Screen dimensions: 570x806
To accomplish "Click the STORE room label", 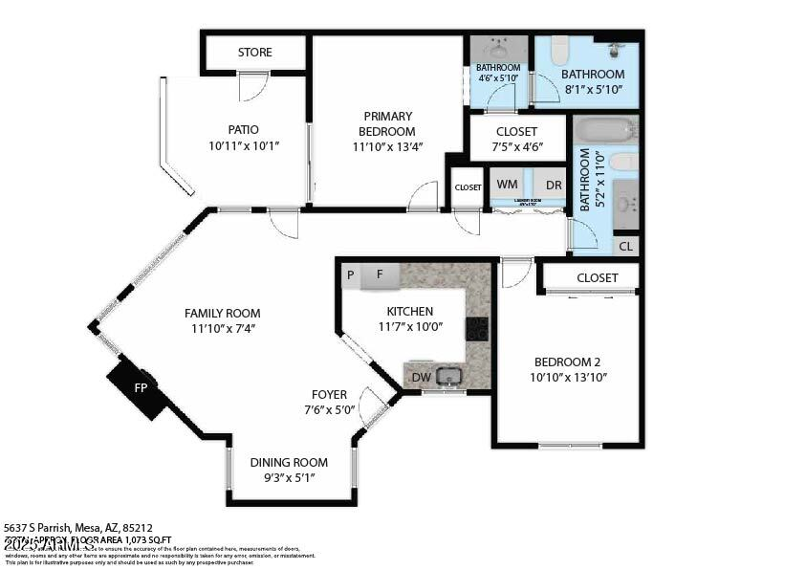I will coord(254,53).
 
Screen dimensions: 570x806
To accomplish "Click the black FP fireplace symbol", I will coord(139,388).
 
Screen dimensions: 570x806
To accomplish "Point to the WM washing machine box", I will coord(507,185).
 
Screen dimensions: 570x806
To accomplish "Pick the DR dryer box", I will coord(554,185).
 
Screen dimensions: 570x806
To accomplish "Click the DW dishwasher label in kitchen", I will coord(421,378).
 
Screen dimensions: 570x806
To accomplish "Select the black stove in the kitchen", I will coord(476,329).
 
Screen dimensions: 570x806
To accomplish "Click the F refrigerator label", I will coord(379,275).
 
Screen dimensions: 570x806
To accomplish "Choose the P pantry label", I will coord(351,275).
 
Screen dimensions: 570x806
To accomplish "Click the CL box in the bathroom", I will coord(625,247).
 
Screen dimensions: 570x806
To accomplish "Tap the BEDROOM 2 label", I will coord(567,362).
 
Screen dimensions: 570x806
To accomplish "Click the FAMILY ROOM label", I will coord(222,313).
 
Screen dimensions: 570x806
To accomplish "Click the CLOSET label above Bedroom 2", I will coord(597,277).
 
